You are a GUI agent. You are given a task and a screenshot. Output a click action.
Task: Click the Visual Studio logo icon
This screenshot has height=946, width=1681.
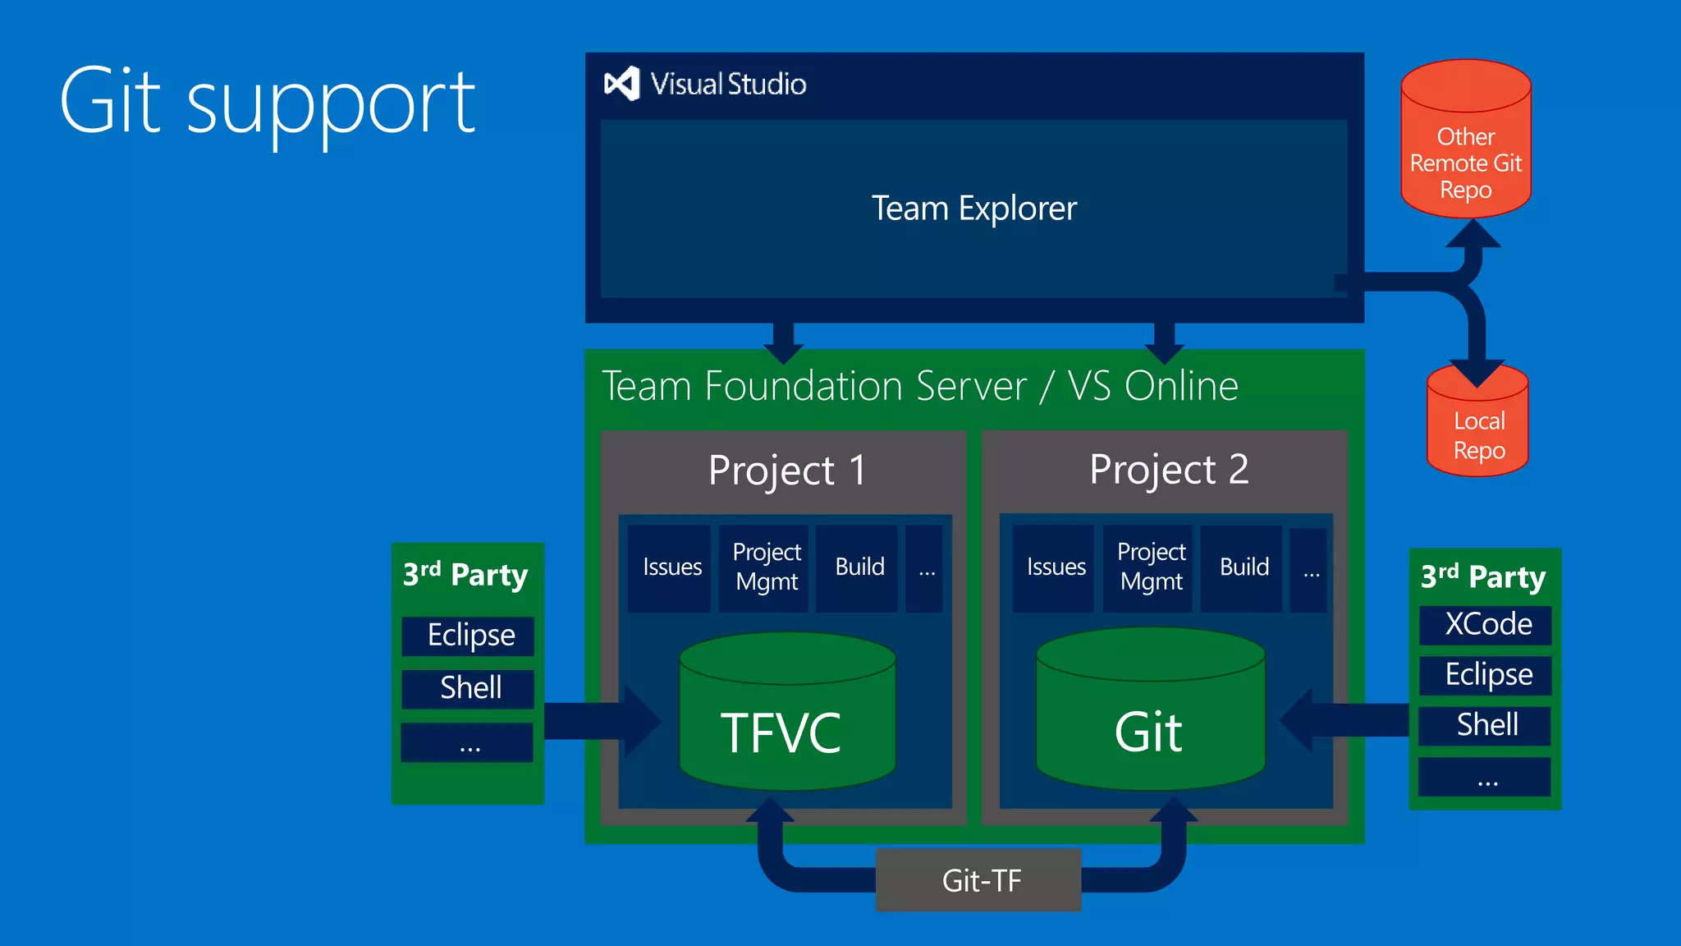point(621,84)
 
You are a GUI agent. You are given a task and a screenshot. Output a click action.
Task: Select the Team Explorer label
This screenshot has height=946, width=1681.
point(973,209)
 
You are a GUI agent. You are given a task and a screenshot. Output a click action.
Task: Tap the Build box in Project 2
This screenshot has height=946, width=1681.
point(1242,567)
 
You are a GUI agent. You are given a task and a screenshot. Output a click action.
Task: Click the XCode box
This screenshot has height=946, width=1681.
point(1486,625)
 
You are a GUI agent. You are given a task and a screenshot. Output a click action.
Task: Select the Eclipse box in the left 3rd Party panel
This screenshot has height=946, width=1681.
point(469,636)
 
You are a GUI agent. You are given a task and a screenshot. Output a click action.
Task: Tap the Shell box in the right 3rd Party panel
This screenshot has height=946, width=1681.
point(1486,725)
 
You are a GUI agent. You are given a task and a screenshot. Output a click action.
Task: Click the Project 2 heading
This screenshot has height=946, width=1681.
point(1168,470)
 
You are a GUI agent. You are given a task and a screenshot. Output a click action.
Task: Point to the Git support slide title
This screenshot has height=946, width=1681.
point(268,103)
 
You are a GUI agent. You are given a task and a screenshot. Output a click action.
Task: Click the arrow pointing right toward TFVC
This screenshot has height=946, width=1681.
point(603,721)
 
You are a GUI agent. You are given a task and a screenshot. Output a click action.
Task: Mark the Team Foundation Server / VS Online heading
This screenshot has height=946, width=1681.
point(919,386)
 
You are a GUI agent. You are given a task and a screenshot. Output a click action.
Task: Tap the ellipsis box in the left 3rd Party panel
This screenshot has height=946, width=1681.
point(468,744)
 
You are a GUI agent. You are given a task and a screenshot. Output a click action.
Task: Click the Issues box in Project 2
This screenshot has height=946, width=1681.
point(1055,567)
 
